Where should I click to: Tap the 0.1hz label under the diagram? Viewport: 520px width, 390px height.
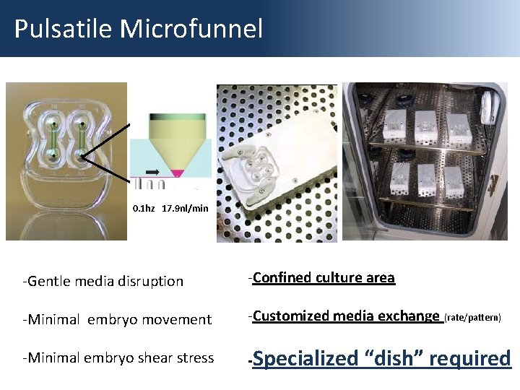(x=144, y=209)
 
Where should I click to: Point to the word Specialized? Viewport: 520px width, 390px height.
(x=306, y=358)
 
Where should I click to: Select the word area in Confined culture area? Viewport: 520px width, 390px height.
(x=380, y=277)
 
